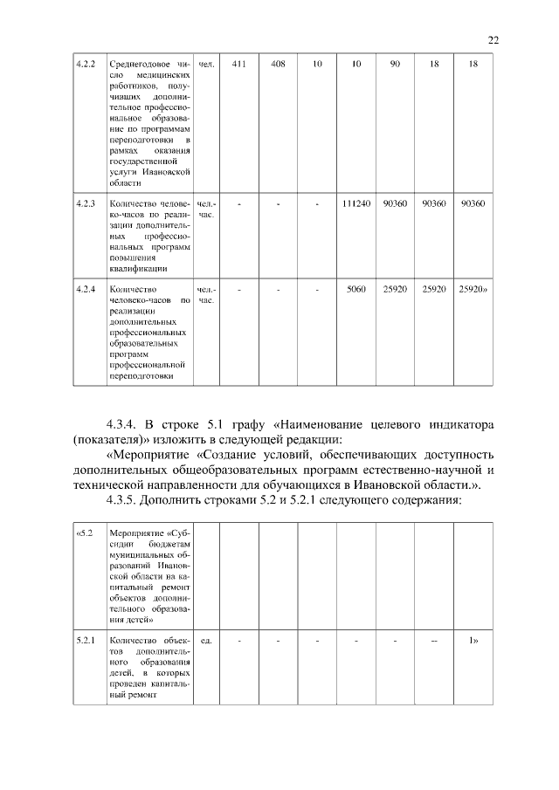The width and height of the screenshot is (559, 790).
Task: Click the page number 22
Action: (x=493, y=40)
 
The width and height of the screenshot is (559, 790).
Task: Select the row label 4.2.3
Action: (x=85, y=203)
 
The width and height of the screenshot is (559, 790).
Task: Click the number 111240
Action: (x=355, y=203)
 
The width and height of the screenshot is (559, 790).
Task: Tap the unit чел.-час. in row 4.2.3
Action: (x=206, y=209)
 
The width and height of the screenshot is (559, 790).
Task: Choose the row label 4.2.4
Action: (x=85, y=288)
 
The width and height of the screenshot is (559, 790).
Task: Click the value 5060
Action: (x=355, y=288)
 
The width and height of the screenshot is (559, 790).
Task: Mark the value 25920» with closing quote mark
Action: (x=473, y=288)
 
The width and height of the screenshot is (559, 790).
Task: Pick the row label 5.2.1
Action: (x=85, y=641)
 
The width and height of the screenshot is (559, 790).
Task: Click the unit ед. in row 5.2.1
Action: (x=206, y=641)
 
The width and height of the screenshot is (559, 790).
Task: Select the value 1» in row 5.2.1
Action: (x=473, y=641)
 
